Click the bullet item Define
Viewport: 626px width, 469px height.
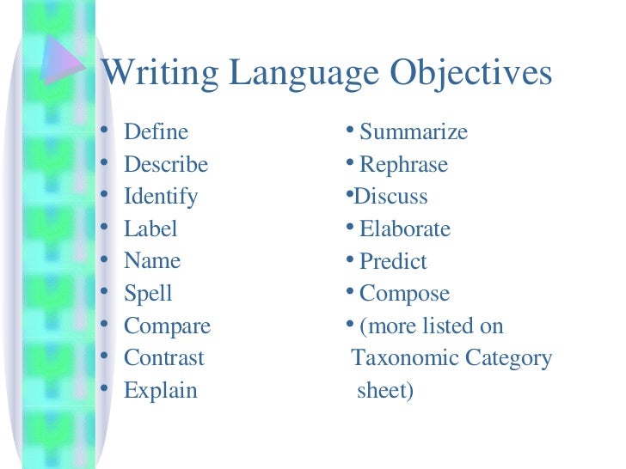point(156,132)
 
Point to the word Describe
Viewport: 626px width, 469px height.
point(166,164)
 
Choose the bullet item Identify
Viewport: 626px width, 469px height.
point(161,197)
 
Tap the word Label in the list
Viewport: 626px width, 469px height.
point(150,228)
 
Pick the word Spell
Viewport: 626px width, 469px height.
point(148,294)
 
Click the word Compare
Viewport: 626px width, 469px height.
point(167,326)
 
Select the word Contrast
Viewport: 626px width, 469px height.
point(164,357)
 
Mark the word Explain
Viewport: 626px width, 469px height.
point(161,391)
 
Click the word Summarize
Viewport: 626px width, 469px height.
point(414,132)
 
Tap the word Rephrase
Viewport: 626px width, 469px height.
point(403,164)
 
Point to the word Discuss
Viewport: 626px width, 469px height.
point(391,197)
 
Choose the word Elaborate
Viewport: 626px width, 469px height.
point(405,228)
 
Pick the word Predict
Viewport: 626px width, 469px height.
point(393,261)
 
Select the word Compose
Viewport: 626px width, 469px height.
point(404,294)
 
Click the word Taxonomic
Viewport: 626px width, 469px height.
point(402,357)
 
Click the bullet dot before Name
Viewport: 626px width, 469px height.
point(104,259)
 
